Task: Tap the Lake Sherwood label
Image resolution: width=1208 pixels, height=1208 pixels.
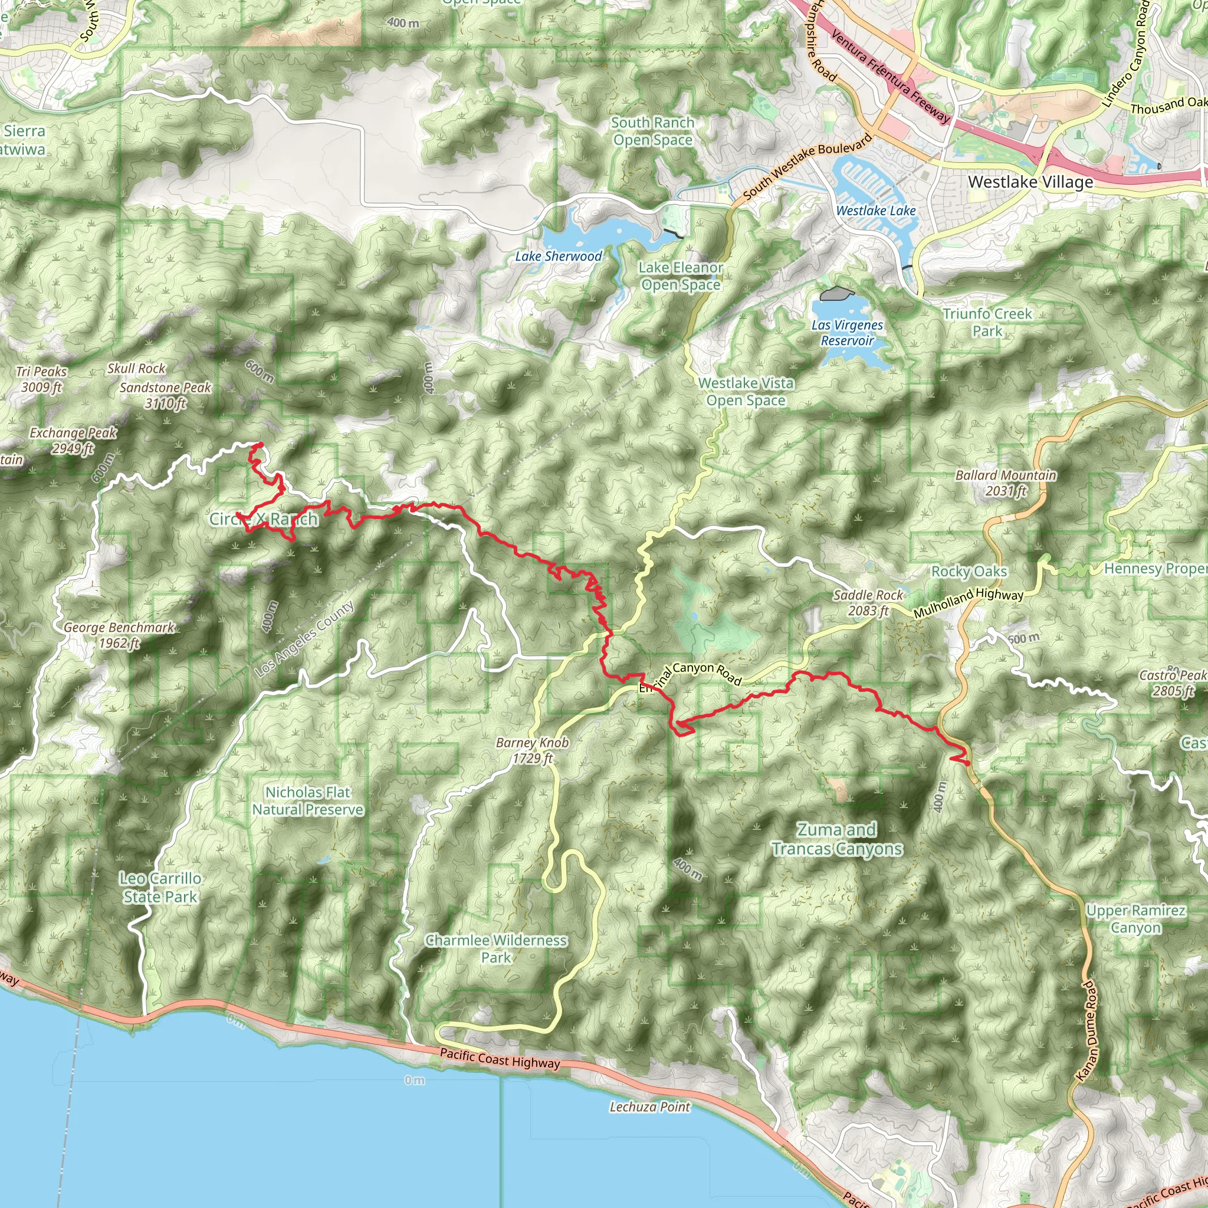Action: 559,257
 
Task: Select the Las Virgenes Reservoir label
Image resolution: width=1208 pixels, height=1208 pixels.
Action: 847,333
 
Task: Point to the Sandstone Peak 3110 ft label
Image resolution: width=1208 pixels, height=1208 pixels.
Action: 166,395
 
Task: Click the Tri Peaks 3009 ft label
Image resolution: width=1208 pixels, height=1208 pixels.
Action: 42,379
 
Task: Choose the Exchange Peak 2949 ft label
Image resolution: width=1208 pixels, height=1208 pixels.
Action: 73,440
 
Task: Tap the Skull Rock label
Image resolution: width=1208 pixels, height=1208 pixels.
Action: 136,368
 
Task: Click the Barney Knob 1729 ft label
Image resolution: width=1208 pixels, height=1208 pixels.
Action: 532,750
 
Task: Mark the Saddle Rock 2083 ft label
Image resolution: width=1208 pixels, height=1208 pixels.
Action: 868,603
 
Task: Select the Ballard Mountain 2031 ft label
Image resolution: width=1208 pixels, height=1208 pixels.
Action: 1006,482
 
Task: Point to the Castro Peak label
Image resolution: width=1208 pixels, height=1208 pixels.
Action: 1173,683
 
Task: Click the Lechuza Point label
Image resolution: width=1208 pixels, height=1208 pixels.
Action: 649,1107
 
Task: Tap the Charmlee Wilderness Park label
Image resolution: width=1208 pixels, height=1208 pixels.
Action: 497,948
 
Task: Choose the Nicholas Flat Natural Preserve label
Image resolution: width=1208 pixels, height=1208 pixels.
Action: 308,800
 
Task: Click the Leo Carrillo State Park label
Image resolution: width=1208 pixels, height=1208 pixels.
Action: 160,887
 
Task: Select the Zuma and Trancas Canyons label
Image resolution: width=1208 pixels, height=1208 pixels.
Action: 836,839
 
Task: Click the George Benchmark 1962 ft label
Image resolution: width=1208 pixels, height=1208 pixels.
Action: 119,635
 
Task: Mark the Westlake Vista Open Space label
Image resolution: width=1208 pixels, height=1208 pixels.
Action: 746,392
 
